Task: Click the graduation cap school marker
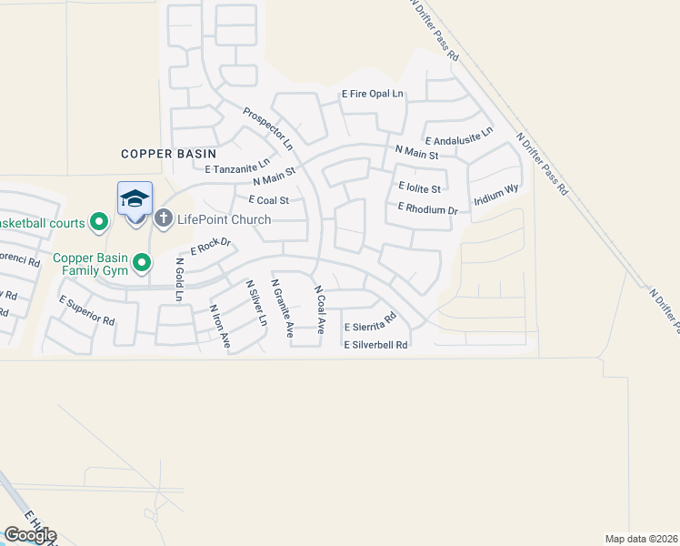point(135,198)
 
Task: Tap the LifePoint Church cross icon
point(164,218)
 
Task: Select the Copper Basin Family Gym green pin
point(141,263)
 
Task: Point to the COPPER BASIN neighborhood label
point(159,154)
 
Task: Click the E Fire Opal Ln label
point(372,94)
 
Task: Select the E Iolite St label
point(419,188)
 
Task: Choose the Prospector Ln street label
point(268,129)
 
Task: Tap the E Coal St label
point(262,200)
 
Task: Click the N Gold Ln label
point(179,279)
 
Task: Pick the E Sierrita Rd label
point(371,321)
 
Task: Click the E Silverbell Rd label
point(375,345)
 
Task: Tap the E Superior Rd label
point(87,310)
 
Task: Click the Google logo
point(30,535)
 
